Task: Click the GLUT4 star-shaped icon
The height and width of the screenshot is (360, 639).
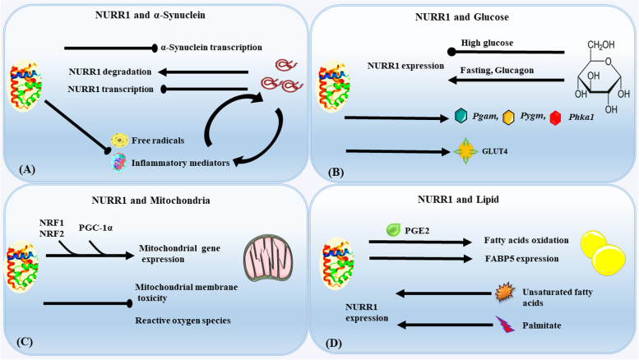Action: tap(463, 151)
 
